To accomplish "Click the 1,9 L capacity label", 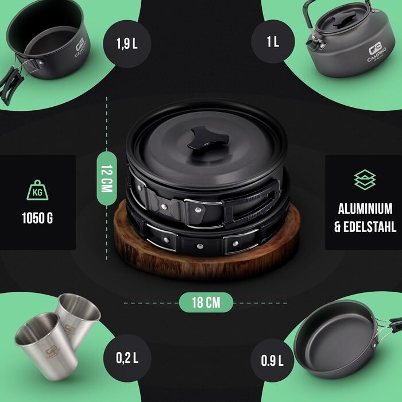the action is point(127,44).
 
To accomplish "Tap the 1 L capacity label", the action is point(273,41).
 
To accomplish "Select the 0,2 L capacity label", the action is point(127,358).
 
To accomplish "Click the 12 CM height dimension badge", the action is point(107,179).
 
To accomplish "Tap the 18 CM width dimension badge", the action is point(206,302).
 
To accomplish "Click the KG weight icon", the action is point(37,190).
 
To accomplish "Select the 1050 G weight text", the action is point(37,218).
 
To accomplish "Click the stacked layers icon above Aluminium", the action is point(365,179).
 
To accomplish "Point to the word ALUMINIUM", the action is point(365,208).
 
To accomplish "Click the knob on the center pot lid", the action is point(208,138).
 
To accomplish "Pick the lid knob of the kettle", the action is point(344,19).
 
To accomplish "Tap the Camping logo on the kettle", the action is point(376,52).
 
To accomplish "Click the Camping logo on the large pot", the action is point(80,48).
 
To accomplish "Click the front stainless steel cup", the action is point(46,346).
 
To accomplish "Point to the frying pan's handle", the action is point(388,326).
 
